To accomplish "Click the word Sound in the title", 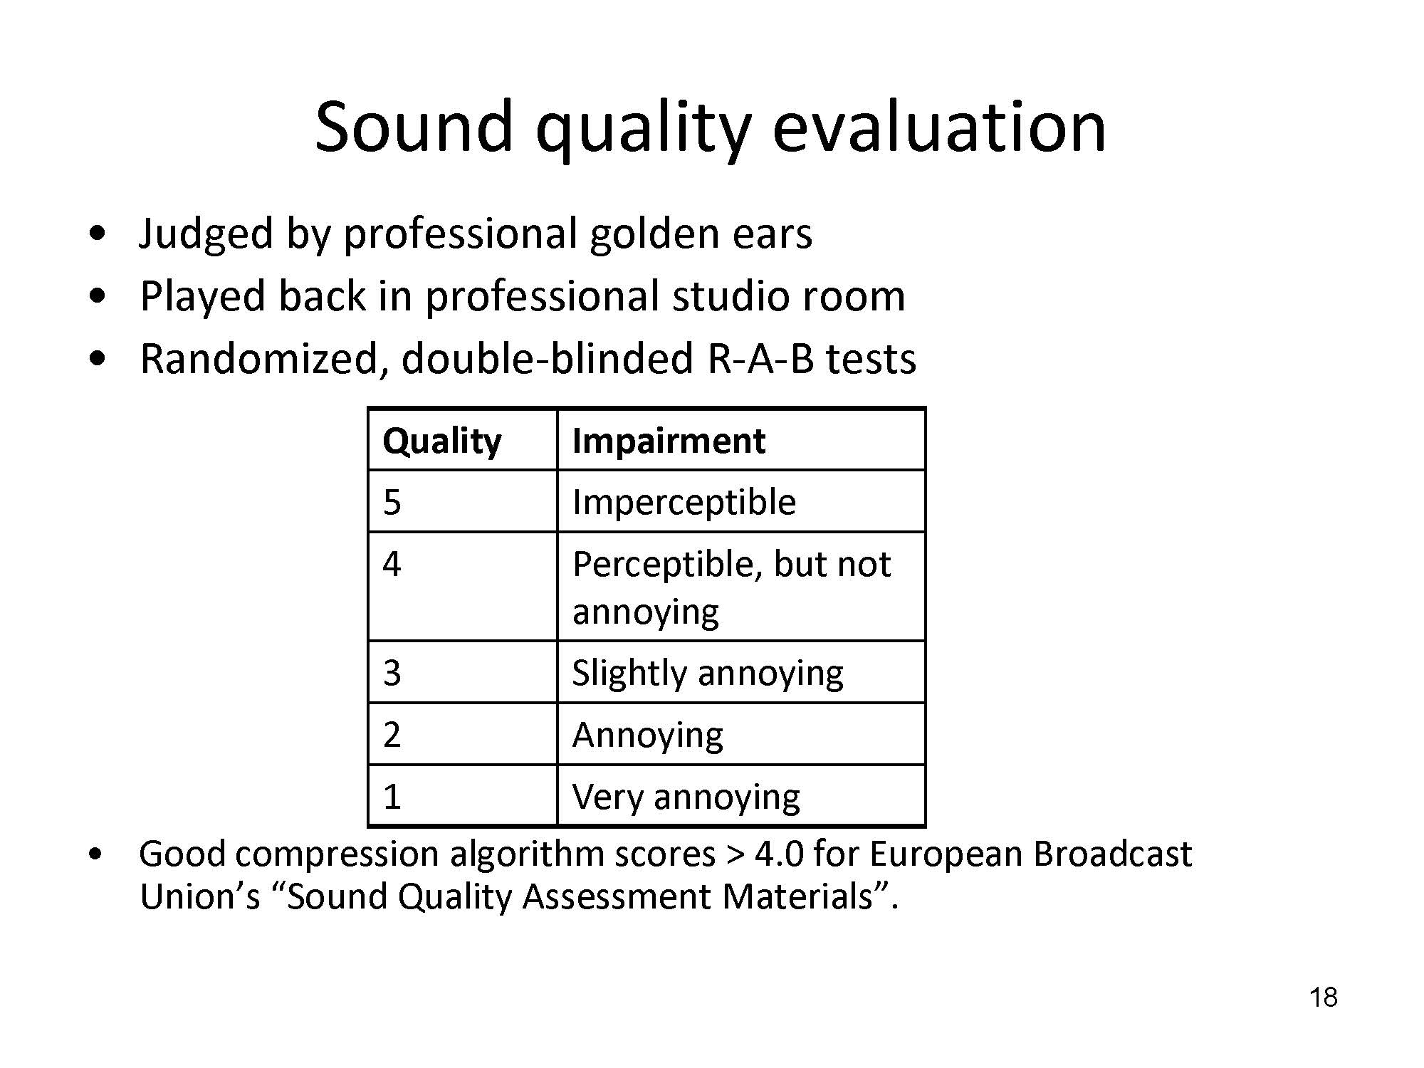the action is click(414, 126).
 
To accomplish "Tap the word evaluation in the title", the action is click(939, 126).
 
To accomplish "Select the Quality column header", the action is click(462, 439).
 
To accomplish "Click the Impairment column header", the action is click(741, 439).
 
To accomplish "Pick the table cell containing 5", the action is click(462, 501).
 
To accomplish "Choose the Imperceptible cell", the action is click(741, 501).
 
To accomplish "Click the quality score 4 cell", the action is click(462, 587).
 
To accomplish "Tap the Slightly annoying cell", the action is click(741, 672).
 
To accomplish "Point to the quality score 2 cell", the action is click(462, 734).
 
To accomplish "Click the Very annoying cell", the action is click(741, 796).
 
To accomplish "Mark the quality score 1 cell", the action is click(462, 796).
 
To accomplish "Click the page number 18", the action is click(1323, 998).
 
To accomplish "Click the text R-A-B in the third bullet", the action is click(760, 358).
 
